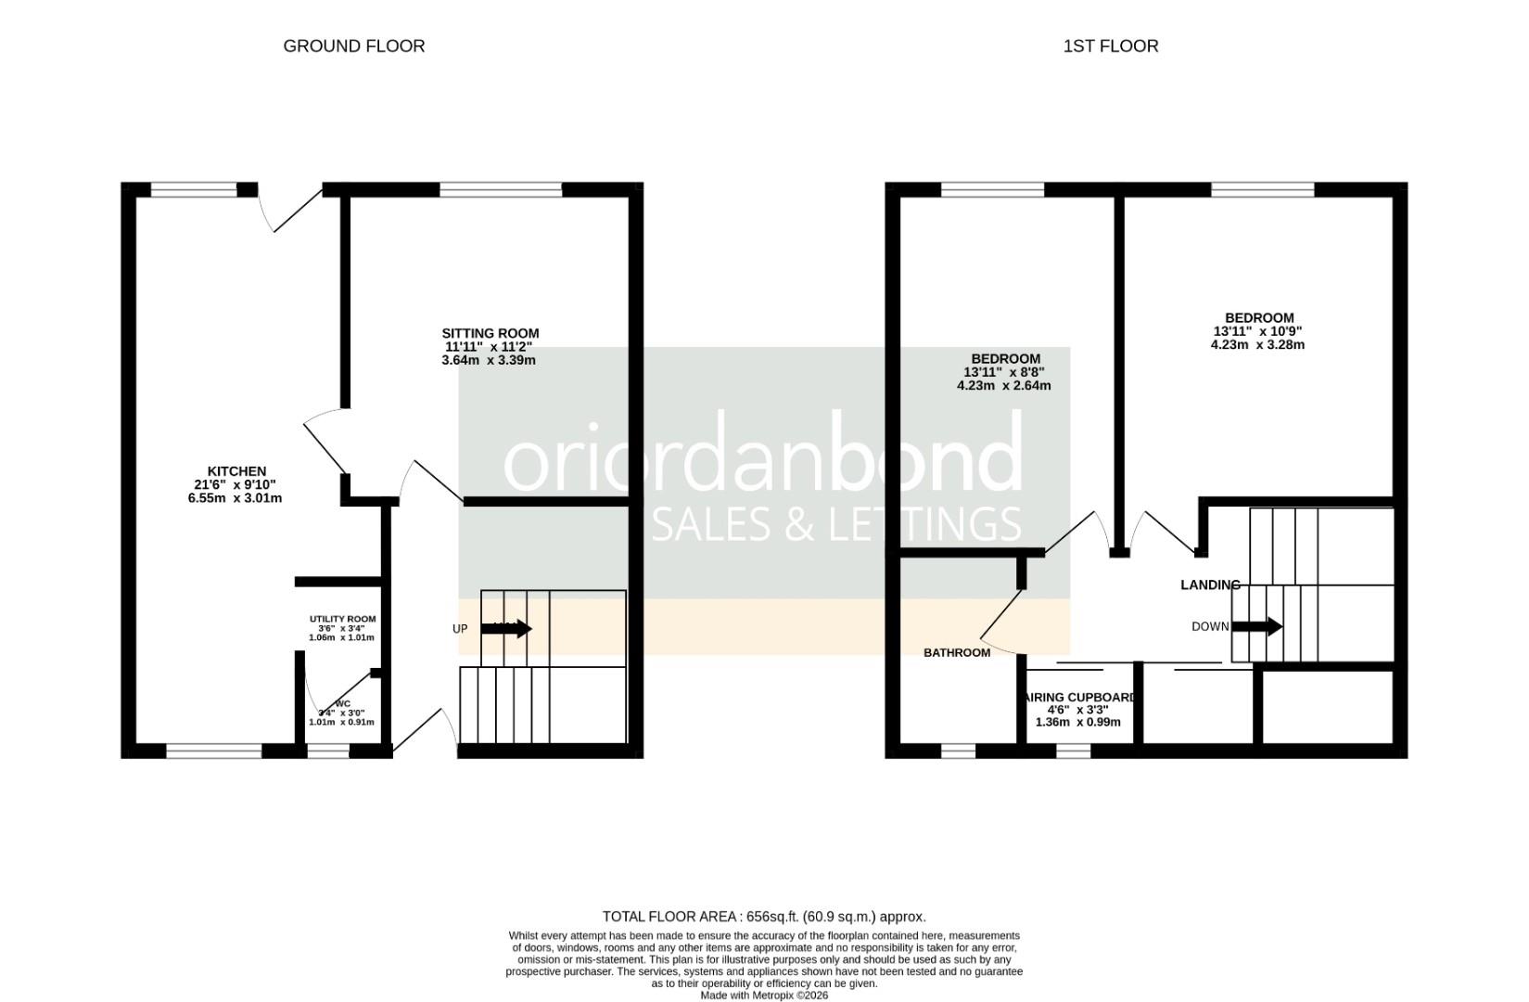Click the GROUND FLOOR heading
tap(353, 45)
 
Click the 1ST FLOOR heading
tap(1110, 45)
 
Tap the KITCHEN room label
tap(236, 471)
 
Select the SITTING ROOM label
tap(490, 333)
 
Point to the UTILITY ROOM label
tap(342, 619)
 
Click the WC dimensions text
tap(341, 717)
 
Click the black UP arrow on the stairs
tap(506, 629)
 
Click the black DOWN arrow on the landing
tap(1256, 627)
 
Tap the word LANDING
tap(1209, 584)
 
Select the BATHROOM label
tap(956, 652)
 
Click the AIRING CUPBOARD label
tap(1078, 697)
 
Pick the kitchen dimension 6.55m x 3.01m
tap(235, 498)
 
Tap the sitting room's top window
tap(501, 189)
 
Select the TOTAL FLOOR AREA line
tap(763, 917)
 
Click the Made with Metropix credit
tap(763, 996)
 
